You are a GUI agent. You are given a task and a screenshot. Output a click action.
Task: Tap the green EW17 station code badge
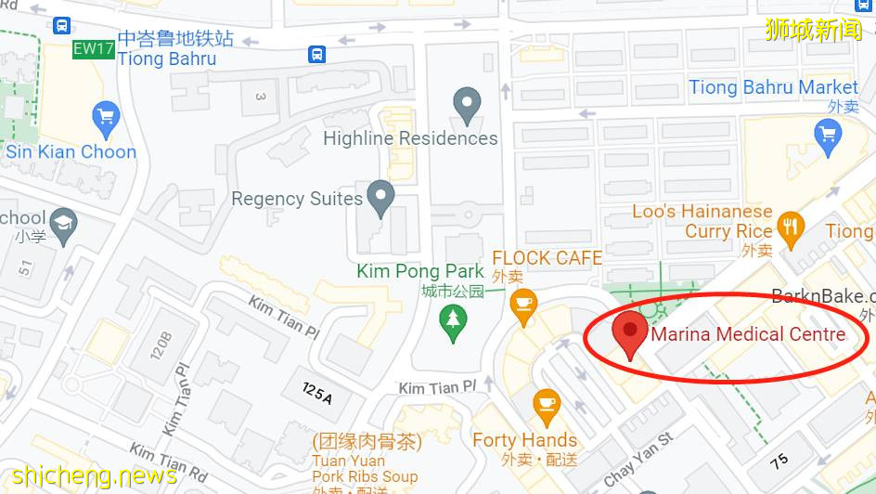click(x=94, y=49)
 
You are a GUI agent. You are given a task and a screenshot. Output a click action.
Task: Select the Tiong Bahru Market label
click(x=773, y=87)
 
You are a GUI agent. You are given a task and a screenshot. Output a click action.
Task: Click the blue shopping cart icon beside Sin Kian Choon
click(x=107, y=117)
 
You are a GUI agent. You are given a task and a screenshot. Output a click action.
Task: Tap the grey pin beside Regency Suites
click(x=380, y=197)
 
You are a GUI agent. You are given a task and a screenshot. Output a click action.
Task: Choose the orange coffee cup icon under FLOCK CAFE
click(x=523, y=304)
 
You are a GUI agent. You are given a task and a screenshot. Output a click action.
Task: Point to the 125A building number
click(x=316, y=393)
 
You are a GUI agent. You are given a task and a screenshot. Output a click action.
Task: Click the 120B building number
click(x=159, y=346)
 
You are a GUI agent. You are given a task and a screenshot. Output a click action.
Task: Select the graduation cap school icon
click(x=63, y=225)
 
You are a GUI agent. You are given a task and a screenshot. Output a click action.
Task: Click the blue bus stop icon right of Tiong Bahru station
click(x=317, y=55)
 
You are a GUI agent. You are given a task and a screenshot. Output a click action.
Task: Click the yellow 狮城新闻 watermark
click(x=814, y=30)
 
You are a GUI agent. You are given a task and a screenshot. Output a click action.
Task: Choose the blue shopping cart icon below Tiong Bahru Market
click(x=827, y=136)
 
